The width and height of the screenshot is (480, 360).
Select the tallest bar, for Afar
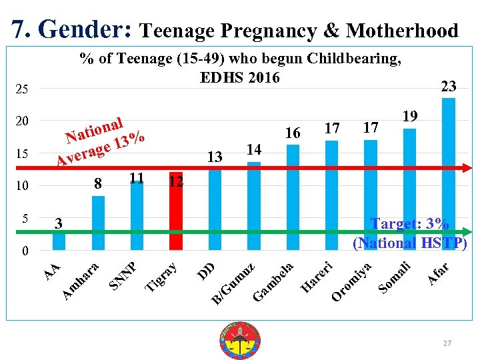tap(448, 173)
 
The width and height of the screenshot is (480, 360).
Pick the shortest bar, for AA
tap(59, 240)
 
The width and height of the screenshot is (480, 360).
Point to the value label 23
tap(449, 85)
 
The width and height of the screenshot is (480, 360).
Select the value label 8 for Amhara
tap(97, 183)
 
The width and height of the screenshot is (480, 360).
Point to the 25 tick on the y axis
tap(21, 89)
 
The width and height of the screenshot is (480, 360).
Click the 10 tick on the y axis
tap(21, 186)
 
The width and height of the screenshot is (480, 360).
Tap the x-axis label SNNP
tap(123, 275)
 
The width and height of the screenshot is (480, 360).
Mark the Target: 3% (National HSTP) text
tap(409, 233)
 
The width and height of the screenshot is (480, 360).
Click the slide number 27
tap(447, 343)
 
